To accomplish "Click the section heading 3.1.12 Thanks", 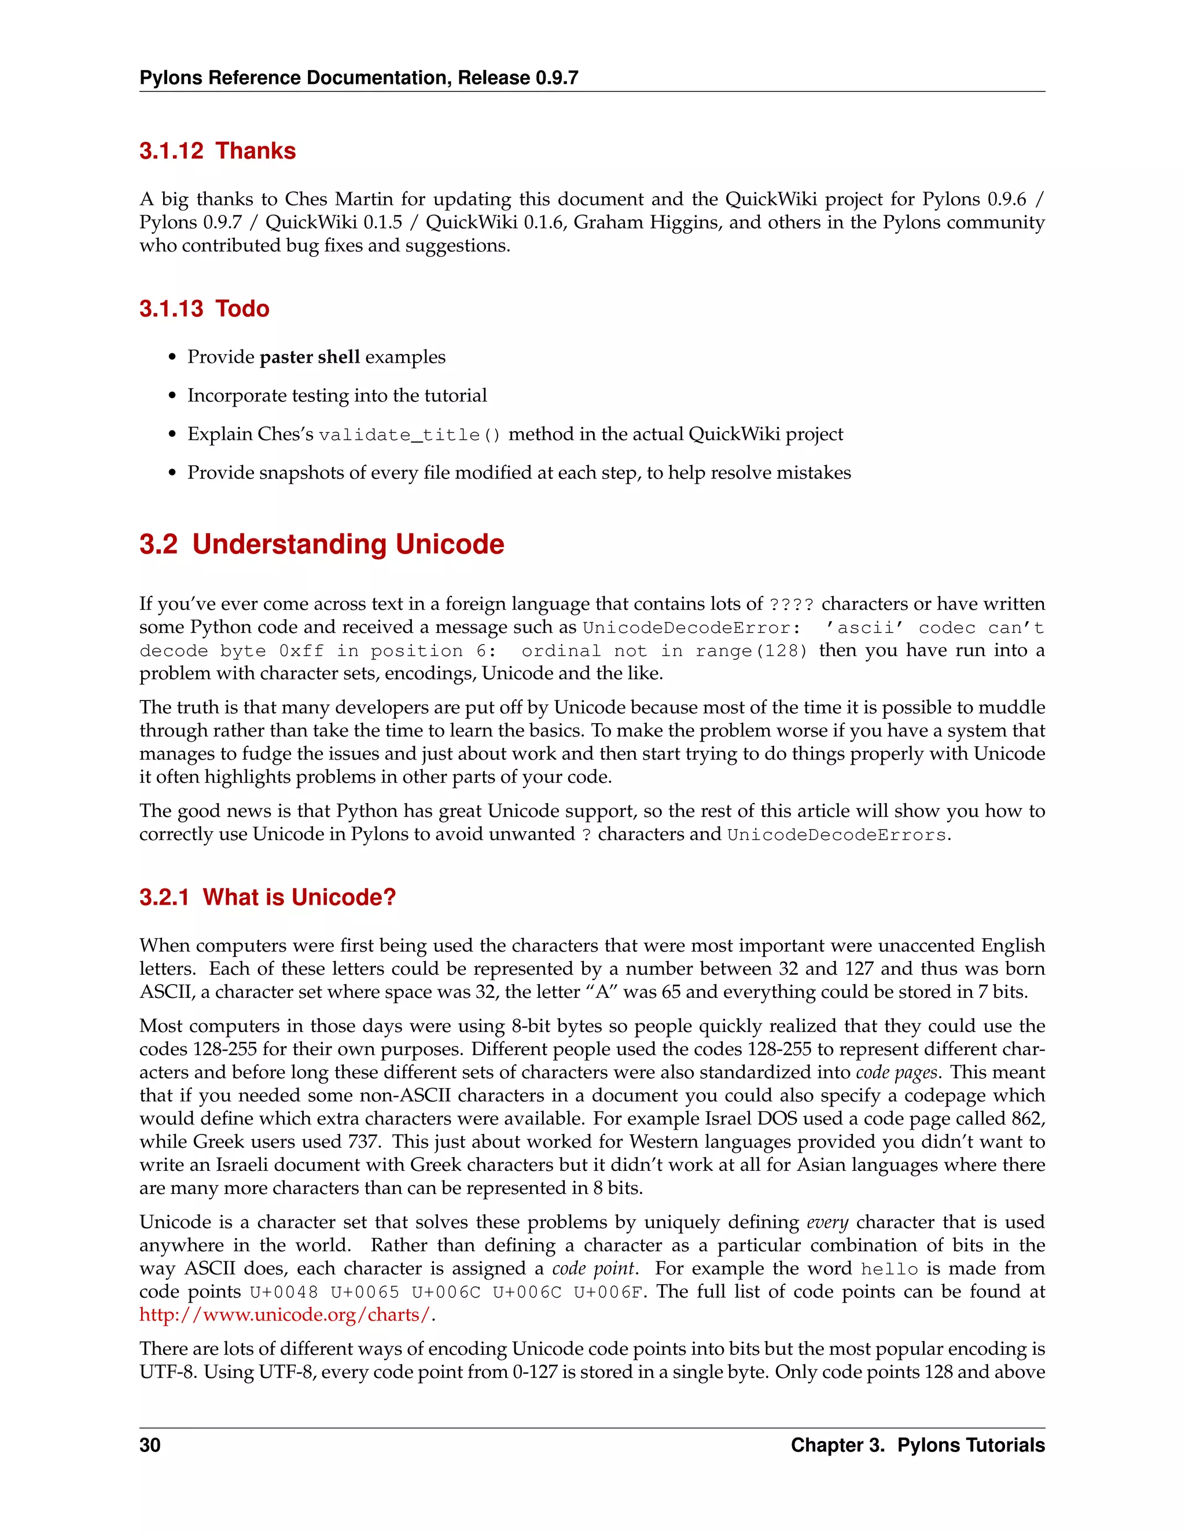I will tap(217, 151).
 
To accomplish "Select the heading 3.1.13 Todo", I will tap(204, 309).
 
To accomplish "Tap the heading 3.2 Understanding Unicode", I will tap(322, 545).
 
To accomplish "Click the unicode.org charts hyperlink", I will tap(284, 1315).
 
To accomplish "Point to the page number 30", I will tap(150, 1445).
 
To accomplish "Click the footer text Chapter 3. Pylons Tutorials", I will tap(917, 1445).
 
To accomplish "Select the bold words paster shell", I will tap(310, 358).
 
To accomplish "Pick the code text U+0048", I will tap(284, 1292).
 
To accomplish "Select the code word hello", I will tap(889, 1269).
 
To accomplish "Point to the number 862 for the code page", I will tap(1027, 1119).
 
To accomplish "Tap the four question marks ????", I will tap(791, 605).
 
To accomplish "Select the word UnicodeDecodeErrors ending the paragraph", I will tap(837, 835).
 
